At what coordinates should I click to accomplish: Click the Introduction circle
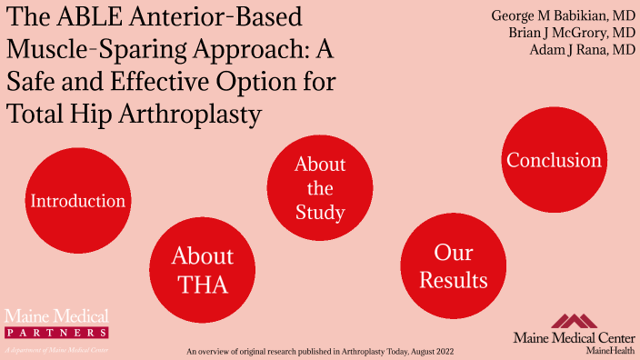77,200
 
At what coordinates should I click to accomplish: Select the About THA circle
202,270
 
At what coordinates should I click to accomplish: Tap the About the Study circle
320,188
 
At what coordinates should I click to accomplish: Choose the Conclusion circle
554,161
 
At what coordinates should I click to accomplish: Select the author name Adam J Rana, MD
582,50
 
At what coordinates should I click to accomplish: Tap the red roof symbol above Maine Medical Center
575,321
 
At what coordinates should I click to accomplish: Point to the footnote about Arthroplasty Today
319,350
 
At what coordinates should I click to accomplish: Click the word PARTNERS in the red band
56,333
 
